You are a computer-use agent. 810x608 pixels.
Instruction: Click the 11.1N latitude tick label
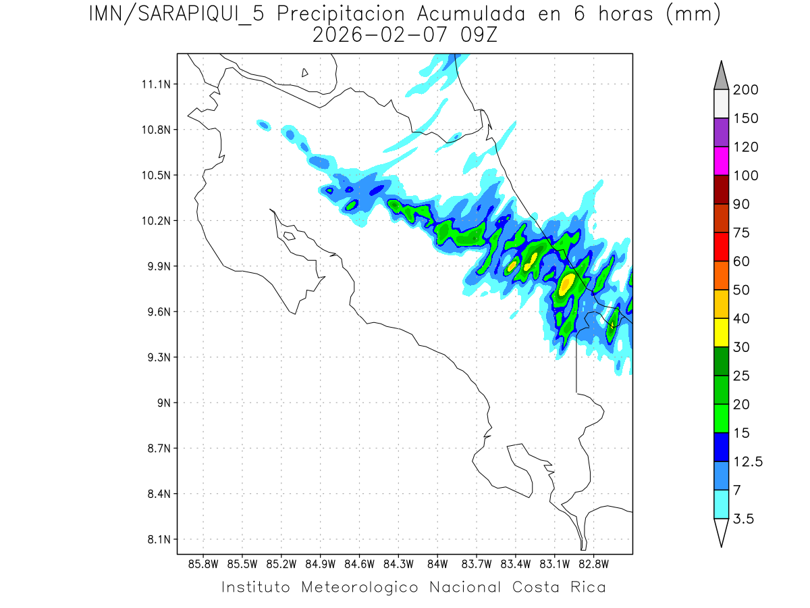(x=155, y=84)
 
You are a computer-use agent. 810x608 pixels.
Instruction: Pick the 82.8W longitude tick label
(x=593, y=563)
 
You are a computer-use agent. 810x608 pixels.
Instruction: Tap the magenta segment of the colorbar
(x=721, y=161)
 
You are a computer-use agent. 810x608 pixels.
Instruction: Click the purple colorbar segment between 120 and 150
(x=721, y=132)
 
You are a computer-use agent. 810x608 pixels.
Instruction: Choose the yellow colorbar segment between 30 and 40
(x=721, y=332)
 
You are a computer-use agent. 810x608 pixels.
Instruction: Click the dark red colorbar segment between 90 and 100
(x=721, y=189)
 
